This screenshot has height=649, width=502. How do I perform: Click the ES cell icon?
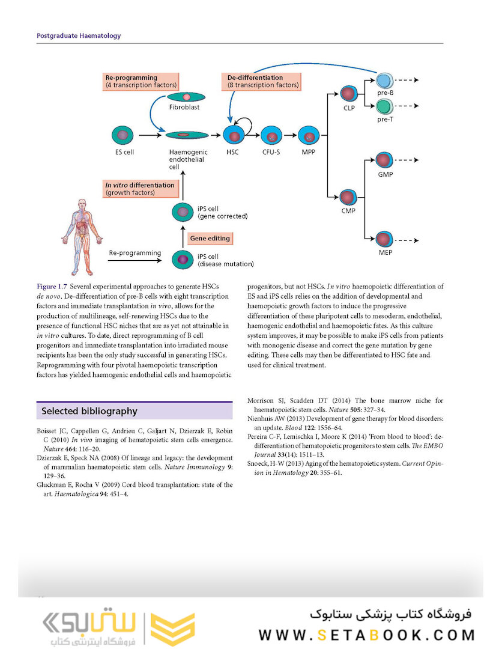(x=123, y=135)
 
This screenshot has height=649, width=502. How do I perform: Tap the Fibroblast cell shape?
(x=187, y=97)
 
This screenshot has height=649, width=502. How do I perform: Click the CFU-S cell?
(x=271, y=136)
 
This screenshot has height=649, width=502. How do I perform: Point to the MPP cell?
(x=309, y=136)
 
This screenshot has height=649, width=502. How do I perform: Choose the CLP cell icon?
(x=349, y=94)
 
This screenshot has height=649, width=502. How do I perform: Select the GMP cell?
(x=384, y=161)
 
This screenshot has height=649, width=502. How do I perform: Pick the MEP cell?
(x=384, y=239)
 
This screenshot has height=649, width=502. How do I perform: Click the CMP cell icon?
(x=348, y=197)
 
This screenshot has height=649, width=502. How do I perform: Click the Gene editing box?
(x=210, y=238)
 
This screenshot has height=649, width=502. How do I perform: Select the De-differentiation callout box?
(x=263, y=81)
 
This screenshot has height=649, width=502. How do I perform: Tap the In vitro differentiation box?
(x=140, y=189)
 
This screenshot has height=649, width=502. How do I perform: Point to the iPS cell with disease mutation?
(x=183, y=260)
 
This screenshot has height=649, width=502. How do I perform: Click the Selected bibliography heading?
(x=89, y=411)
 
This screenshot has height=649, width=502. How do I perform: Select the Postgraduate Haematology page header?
(x=79, y=35)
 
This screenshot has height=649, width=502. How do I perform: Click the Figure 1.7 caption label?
(x=53, y=287)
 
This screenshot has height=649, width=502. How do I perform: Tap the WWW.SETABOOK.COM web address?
(x=366, y=635)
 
